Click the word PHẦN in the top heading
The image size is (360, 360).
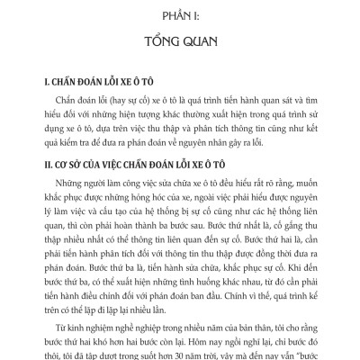coord(165,16)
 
